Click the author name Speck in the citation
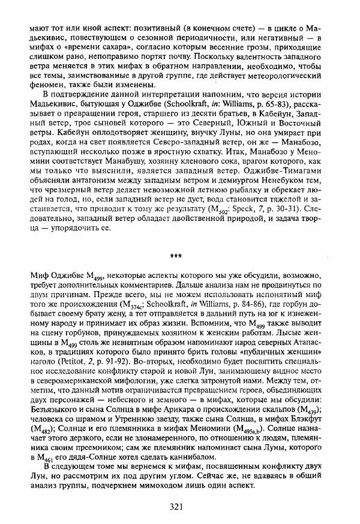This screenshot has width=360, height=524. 245,209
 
